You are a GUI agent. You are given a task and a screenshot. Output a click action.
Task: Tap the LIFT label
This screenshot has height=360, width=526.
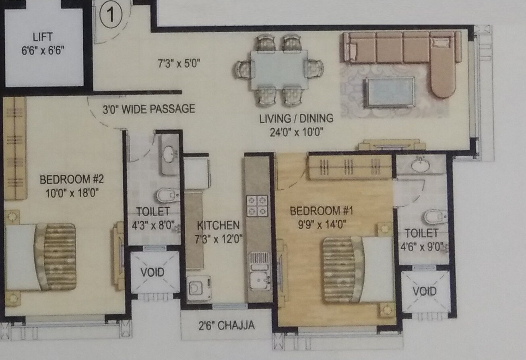click(43, 37)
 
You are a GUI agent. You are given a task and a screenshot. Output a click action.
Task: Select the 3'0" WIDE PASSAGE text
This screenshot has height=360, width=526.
click(149, 109)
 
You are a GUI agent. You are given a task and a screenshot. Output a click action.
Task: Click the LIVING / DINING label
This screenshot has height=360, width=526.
click(296, 118)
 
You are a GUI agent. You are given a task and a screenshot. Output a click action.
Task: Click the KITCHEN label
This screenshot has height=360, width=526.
click(219, 225)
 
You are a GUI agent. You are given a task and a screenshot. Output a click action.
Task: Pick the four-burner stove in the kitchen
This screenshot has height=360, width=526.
click(257, 205)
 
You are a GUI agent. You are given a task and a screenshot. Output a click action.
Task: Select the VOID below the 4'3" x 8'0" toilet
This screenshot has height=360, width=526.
click(153, 272)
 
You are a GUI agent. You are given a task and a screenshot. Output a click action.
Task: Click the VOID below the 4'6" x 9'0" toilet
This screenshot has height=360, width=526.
click(425, 291)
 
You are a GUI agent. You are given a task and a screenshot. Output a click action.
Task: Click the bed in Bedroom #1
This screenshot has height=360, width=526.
click(357, 268)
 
